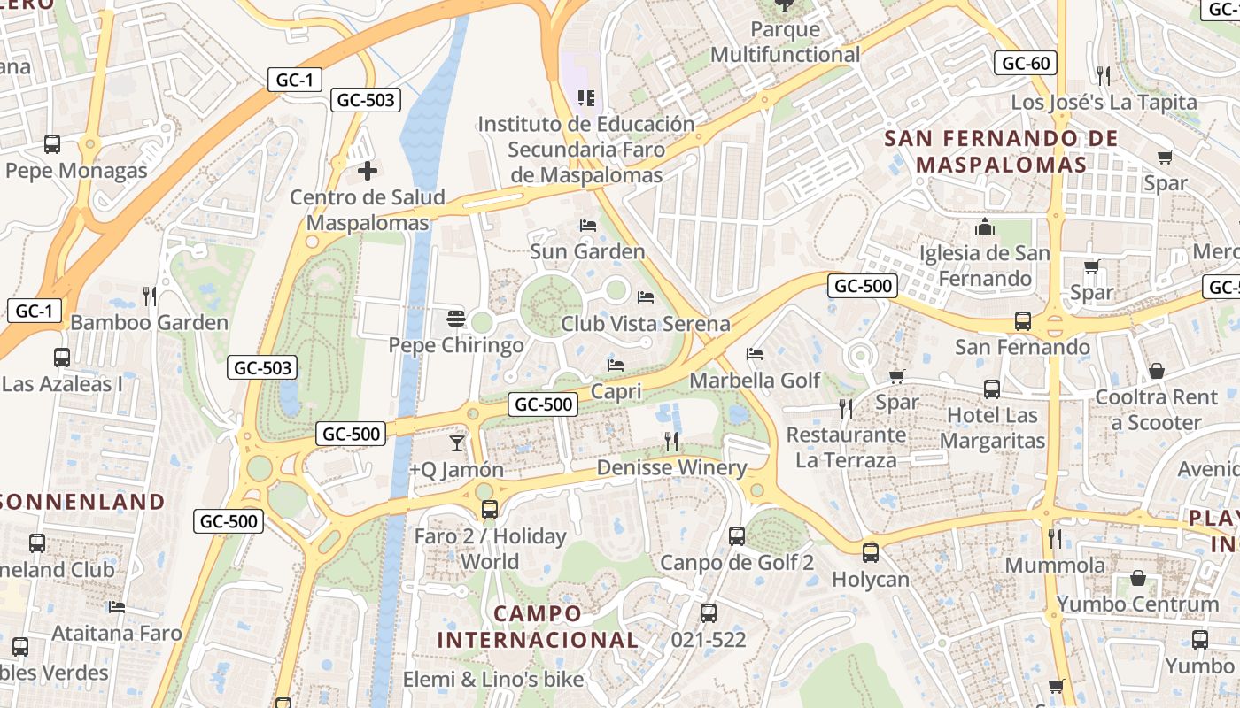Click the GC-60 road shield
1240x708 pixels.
click(x=1026, y=63)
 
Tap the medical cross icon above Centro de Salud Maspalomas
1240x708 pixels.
click(x=367, y=170)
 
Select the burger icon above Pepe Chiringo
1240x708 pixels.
click(x=456, y=318)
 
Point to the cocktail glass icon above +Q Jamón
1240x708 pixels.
click(x=457, y=442)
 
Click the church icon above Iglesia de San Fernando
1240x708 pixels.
click(x=984, y=227)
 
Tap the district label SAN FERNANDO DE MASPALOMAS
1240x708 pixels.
click(x=1001, y=151)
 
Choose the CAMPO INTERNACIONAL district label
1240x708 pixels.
click(x=538, y=627)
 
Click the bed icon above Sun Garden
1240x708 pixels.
click(x=587, y=225)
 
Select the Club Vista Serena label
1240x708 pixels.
click(x=645, y=324)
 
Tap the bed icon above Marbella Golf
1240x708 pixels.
click(x=755, y=354)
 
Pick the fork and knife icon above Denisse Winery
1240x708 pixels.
click(x=671, y=441)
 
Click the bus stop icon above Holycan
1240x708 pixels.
click(x=871, y=553)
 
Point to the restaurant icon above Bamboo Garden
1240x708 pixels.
click(x=150, y=296)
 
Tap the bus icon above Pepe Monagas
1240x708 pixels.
click(x=52, y=144)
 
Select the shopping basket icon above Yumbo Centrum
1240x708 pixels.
click(x=1138, y=578)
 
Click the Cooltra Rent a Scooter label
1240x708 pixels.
click(x=1157, y=410)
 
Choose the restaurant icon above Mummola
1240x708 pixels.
click(x=1054, y=538)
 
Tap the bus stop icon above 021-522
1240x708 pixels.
click(x=708, y=612)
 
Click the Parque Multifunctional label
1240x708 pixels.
click(x=785, y=42)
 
